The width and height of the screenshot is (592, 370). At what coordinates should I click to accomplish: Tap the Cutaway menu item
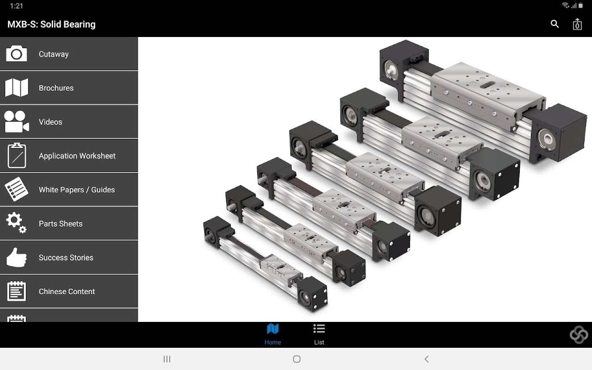coord(69,54)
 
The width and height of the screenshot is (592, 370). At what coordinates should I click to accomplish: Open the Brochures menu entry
coord(69,88)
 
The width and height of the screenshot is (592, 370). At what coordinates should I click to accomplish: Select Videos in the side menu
coord(69,122)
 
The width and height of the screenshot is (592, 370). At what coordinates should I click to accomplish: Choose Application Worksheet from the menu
coord(69,156)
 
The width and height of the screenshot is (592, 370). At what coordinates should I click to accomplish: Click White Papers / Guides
coord(69,190)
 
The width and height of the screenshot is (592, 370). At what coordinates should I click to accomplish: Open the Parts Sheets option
coord(69,223)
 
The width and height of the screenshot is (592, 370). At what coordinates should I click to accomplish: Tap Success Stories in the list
coord(69,258)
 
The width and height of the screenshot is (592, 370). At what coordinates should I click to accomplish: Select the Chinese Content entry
coord(69,291)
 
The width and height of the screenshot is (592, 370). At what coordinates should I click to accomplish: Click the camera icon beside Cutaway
coord(16,54)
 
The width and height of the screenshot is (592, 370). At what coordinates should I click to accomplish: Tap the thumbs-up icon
coord(16,258)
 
